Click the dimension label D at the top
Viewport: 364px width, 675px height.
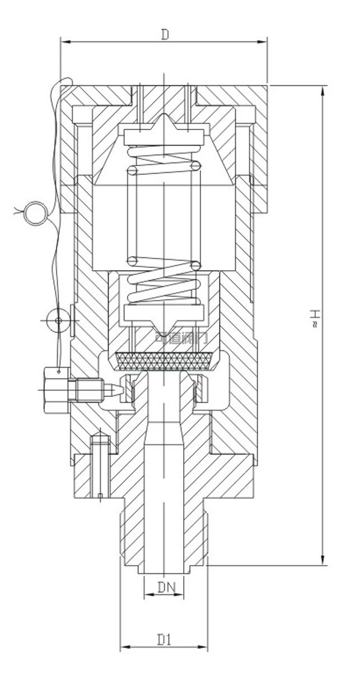(165, 35)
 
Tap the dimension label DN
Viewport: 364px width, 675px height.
(166, 588)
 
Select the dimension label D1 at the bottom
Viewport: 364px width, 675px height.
(164, 640)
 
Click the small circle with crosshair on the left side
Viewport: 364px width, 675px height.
(57, 320)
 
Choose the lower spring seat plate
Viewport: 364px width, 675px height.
(164, 312)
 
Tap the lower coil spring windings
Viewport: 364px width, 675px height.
(164, 283)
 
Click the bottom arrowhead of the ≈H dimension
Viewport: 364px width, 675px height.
(322, 561)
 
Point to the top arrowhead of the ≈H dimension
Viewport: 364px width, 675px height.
(322, 90)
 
